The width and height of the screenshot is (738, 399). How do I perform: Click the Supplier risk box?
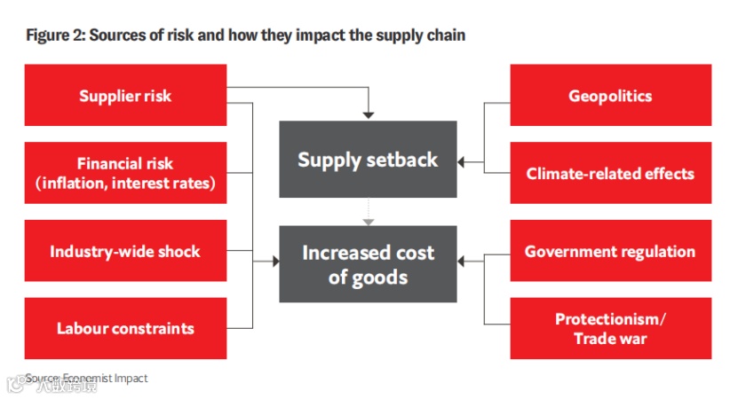[x=125, y=96]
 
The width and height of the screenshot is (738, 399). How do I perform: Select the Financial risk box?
[x=125, y=174]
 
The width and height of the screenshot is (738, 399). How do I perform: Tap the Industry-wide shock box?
[x=125, y=251]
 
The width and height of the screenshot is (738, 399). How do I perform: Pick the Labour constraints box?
[x=125, y=328]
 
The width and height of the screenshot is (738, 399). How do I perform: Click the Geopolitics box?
[x=610, y=96]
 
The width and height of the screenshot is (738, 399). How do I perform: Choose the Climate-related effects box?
[x=610, y=174]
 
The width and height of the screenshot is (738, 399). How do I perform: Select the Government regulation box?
[x=610, y=251]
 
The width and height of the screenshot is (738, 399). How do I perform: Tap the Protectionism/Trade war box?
[x=610, y=328]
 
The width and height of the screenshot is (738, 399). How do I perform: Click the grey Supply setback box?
[x=368, y=160]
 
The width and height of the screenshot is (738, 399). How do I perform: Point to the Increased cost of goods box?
[x=368, y=264]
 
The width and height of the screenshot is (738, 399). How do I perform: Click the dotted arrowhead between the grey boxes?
[x=368, y=220]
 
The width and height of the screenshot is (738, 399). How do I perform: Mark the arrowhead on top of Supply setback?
[x=368, y=115]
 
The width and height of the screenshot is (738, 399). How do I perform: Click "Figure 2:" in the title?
[x=52, y=35]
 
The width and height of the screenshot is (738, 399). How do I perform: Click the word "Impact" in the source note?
[x=130, y=378]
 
